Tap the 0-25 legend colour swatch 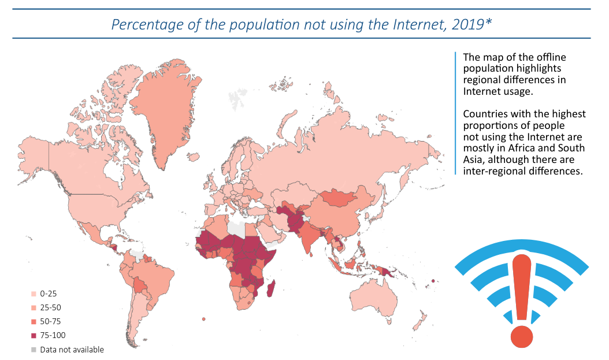pyautogui.click(x=34, y=294)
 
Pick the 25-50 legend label pyautogui.click(x=50, y=308)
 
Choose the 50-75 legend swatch pyautogui.click(x=34, y=322)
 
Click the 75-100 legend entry pyautogui.click(x=53, y=336)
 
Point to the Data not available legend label pyautogui.click(x=72, y=350)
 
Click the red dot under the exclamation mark pyautogui.click(x=522, y=336)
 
